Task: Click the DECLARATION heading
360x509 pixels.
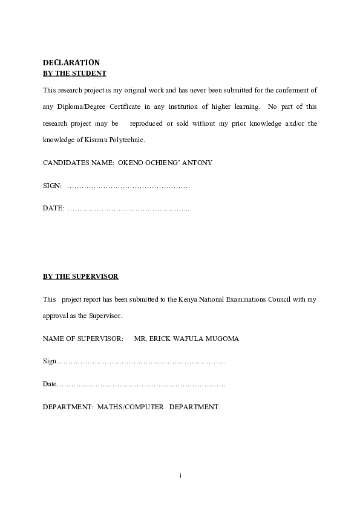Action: click(x=71, y=62)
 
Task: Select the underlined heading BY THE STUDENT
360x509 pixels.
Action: click(x=74, y=73)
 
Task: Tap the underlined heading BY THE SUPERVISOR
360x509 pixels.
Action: click(x=80, y=276)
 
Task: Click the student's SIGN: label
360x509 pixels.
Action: click(x=52, y=186)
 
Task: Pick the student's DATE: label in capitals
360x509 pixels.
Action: click(x=53, y=208)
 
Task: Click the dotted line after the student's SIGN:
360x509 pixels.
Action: click(x=129, y=186)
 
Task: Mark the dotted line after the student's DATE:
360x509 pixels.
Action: click(x=129, y=209)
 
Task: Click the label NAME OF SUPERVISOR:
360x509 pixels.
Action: click(x=83, y=339)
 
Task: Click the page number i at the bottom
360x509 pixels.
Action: click(x=180, y=476)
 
